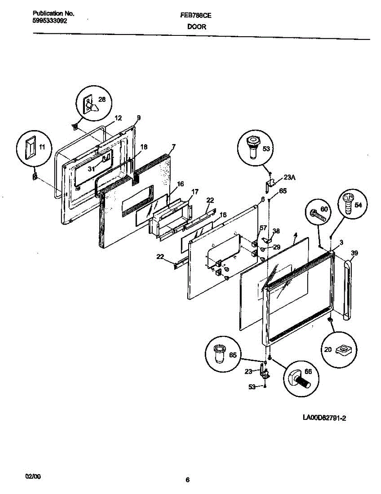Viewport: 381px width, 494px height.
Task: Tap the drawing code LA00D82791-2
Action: point(324,418)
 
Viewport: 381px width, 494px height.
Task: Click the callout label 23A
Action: point(290,178)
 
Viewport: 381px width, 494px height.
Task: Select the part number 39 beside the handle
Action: point(354,253)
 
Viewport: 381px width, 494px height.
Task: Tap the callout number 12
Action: point(118,118)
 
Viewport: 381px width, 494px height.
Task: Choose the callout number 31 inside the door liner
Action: point(92,169)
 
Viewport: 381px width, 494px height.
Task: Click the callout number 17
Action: point(195,191)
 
